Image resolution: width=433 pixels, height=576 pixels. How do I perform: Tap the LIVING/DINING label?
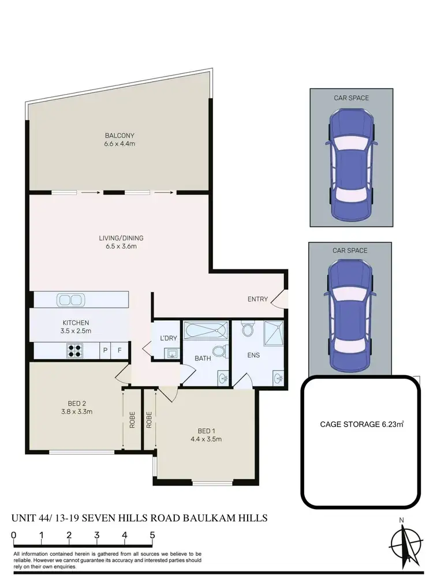pyautogui.click(x=120, y=238)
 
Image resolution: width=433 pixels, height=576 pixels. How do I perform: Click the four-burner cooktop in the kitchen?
pyautogui.click(x=75, y=350)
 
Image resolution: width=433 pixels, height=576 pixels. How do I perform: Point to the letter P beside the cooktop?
pyautogui.click(x=105, y=350)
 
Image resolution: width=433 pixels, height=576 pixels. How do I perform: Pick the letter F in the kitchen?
pyautogui.click(x=120, y=350)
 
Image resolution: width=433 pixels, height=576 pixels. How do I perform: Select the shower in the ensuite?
pyautogui.click(x=275, y=333)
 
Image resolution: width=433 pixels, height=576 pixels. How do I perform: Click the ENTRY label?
pyautogui.click(x=257, y=299)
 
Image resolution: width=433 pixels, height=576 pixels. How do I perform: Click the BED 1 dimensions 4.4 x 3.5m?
pyautogui.click(x=210, y=439)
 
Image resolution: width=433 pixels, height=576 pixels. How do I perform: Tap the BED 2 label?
pyautogui.click(x=77, y=403)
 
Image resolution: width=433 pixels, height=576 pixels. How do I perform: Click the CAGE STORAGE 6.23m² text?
pyautogui.click(x=361, y=424)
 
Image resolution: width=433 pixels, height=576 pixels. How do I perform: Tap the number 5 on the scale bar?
pyautogui.click(x=152, y=535)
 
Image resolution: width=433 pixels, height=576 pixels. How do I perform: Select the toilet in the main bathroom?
pyautogui.click(x=219, y=351)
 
